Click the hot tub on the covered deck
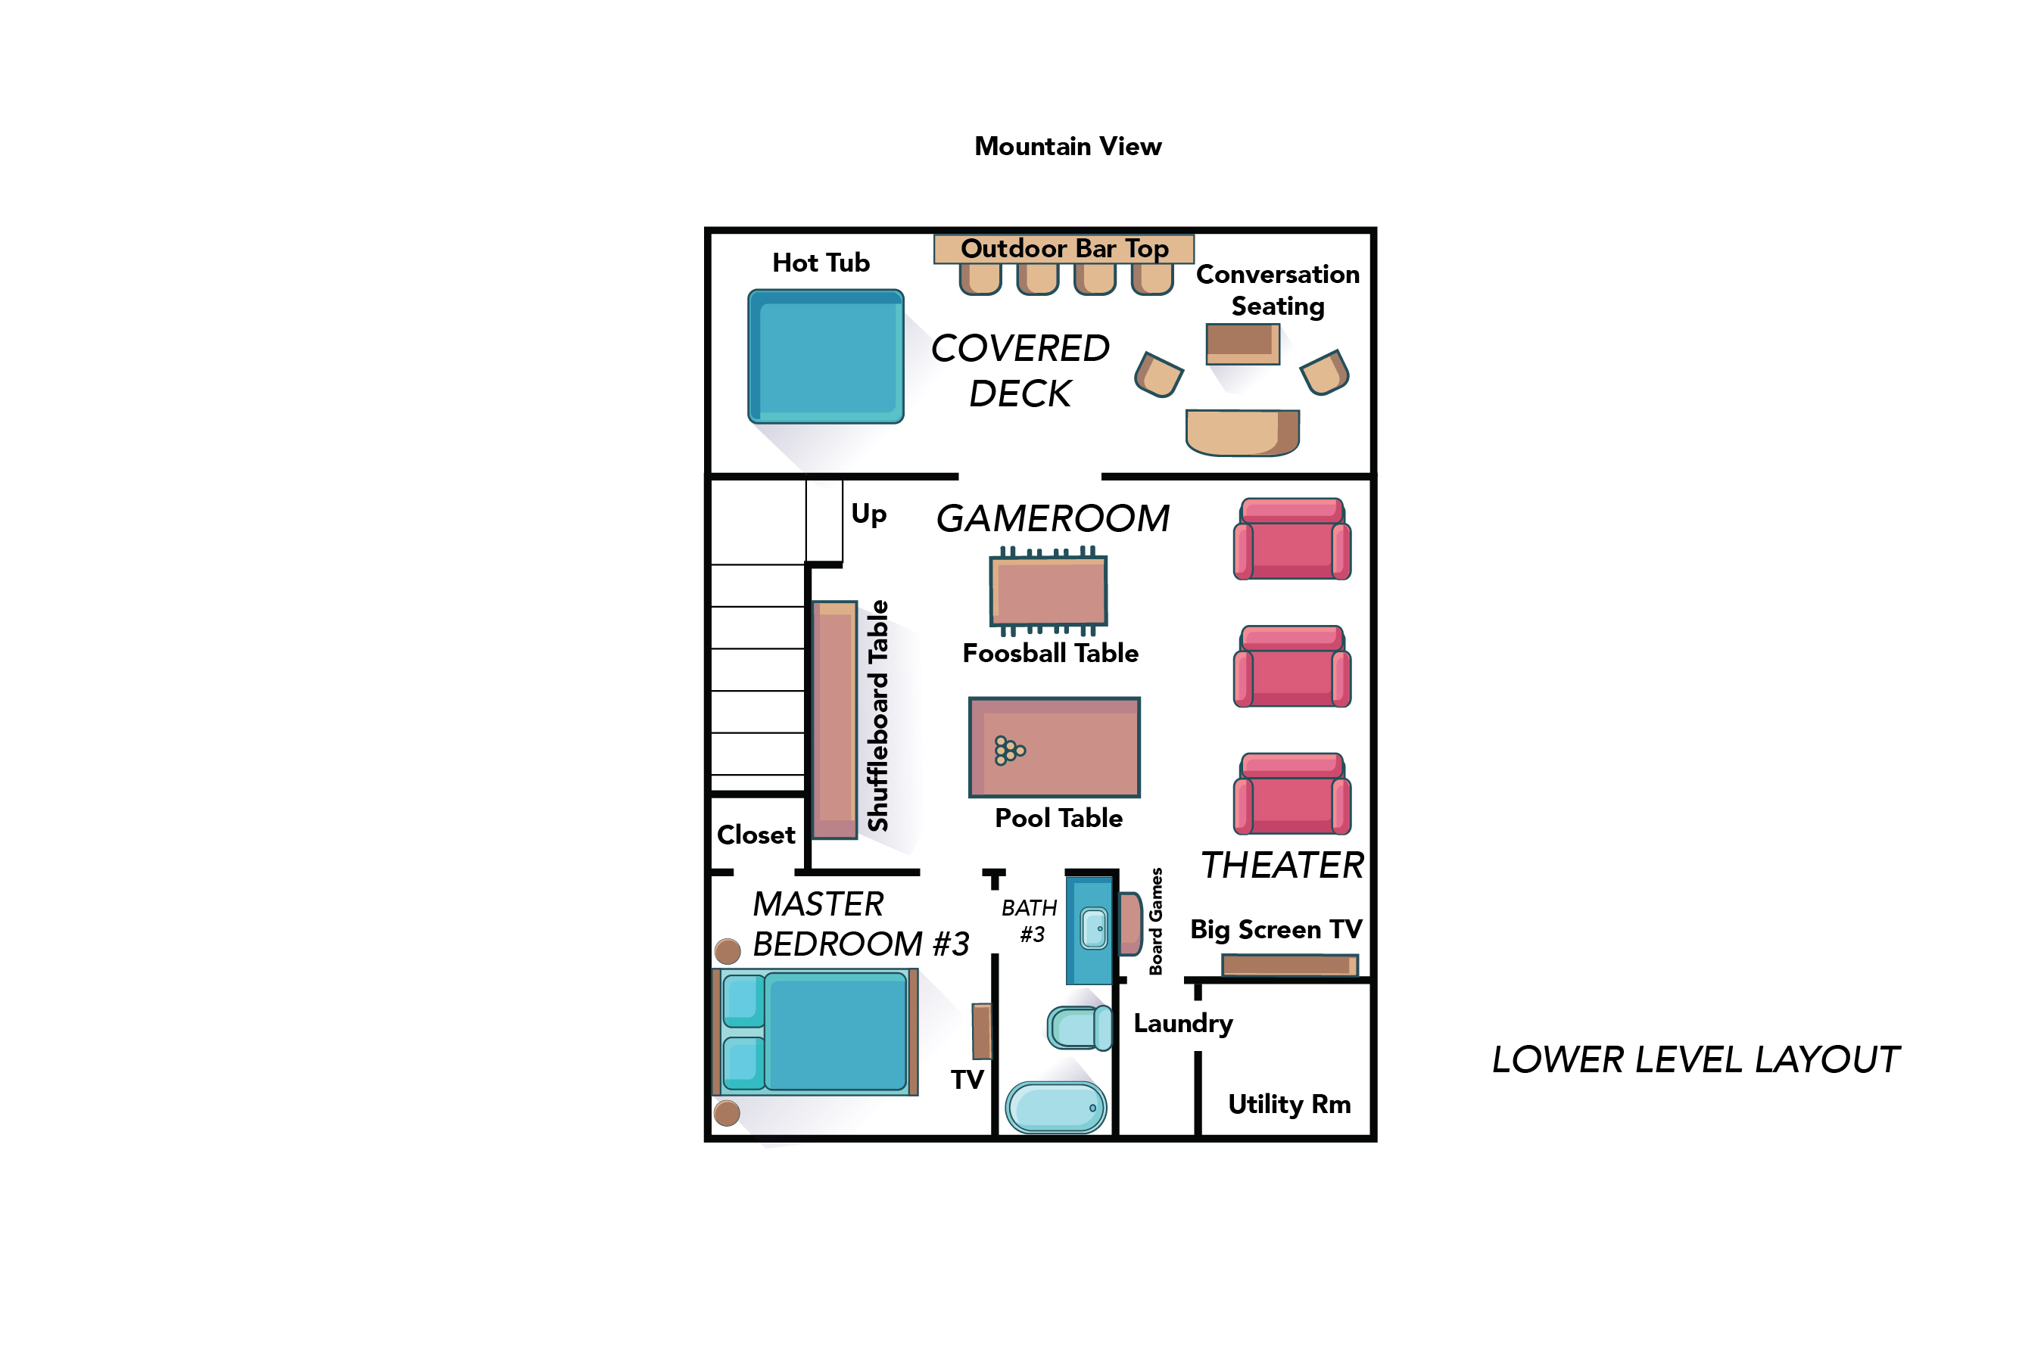(x=826, y=356)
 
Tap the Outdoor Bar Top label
(x=1064, y=248)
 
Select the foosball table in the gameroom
(x=1048, y=591)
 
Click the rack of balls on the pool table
(x=1009, y=751)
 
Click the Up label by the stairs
(x=868, y=515)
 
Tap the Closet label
(x=756, y=835)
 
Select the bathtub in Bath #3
(x=1055, y=1108)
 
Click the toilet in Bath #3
(x=1079, y=1028)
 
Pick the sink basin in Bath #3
(x=1094, y=928)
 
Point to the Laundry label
(x=1182, y=1023)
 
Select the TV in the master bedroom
(x=981, y=1031)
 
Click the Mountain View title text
(x=1067, y=146)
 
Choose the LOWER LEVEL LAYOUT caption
(x=1695, y=1060)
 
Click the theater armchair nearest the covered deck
(x=1292, y=539)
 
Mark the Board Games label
(x=1156, y=921)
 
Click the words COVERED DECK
(x=1020, y=371)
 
